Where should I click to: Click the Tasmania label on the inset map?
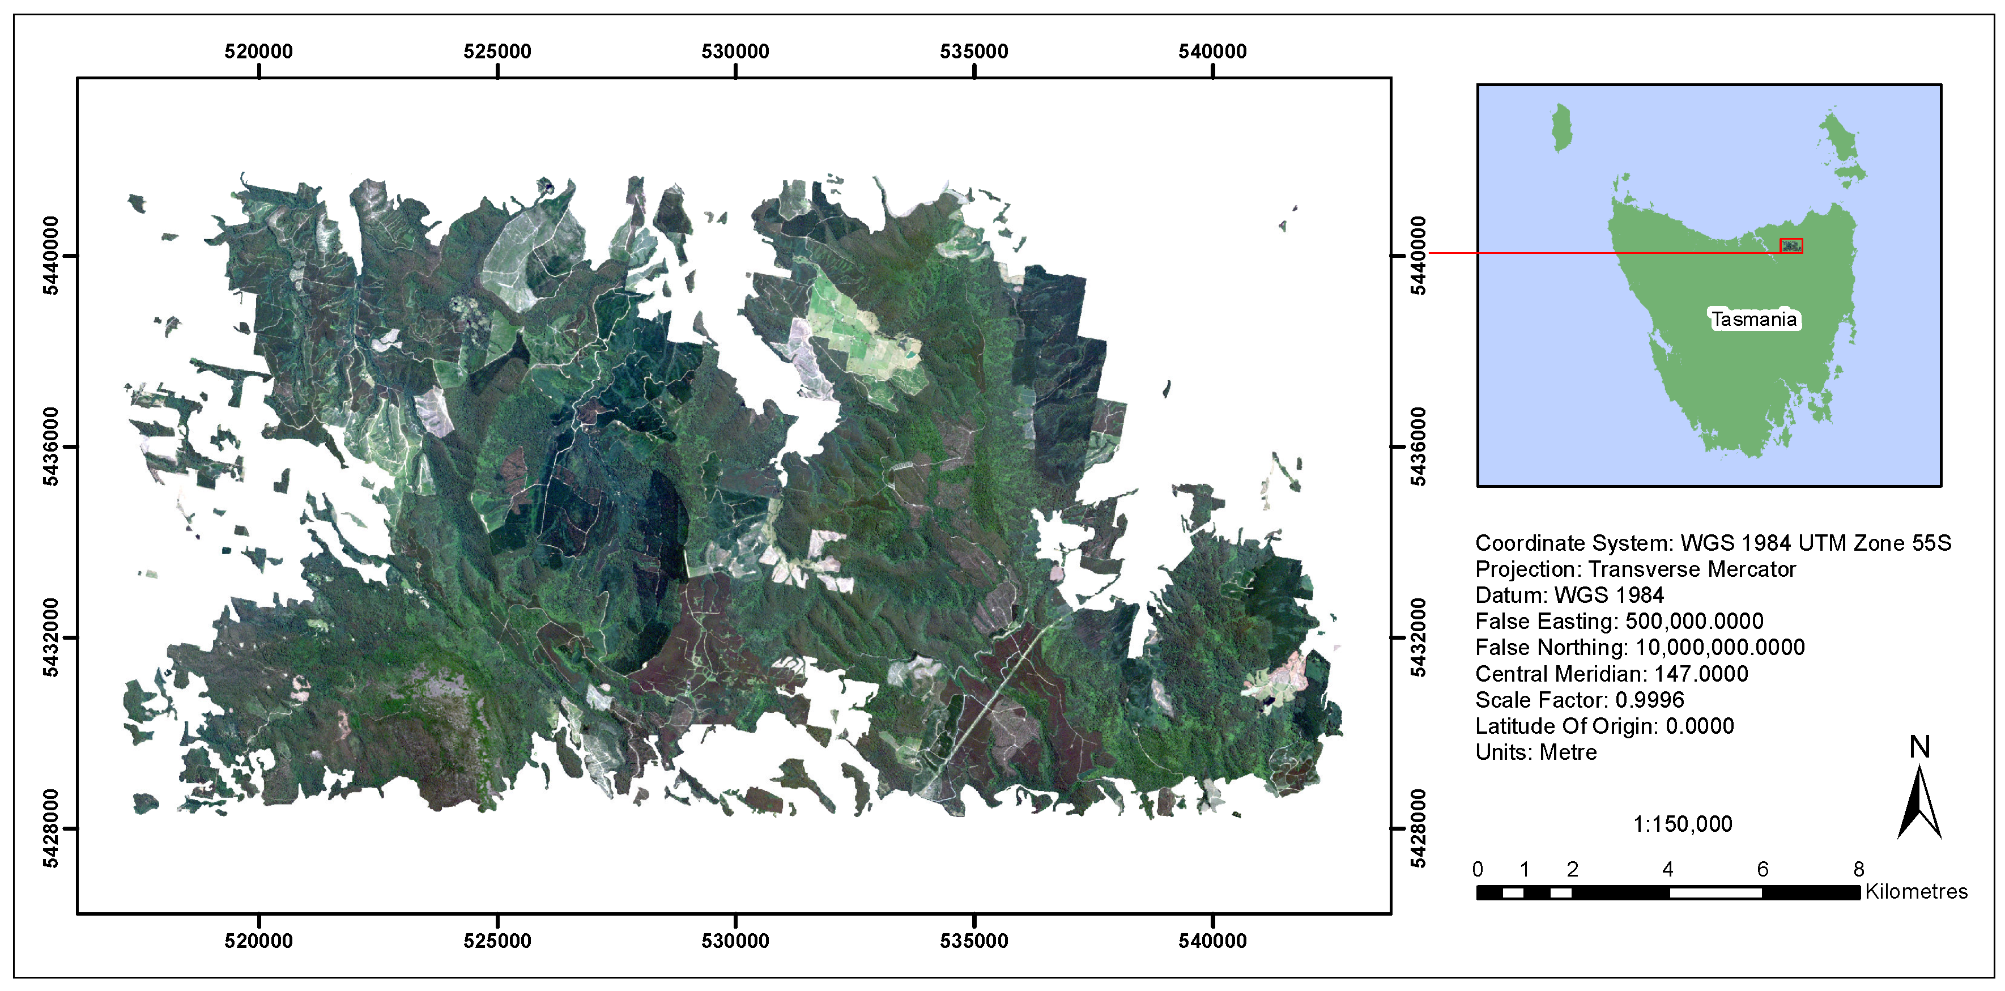point(1753,319)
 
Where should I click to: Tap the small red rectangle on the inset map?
point(1791,246)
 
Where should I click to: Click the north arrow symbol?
point(1919,802)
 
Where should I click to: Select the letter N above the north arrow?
point(1919,747)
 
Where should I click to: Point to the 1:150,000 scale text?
point(1682,824)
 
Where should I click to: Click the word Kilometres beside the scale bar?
point(1915,891)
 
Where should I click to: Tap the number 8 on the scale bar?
point(1859,869)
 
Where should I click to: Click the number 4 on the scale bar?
point(1667,869)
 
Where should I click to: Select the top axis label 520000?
point(258,52)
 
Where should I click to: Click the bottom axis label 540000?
point(1212,941)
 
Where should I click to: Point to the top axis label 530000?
point(735,52)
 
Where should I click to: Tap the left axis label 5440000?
point(50,256)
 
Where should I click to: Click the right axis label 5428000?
point(1418,828)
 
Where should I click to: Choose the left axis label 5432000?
point(50,637)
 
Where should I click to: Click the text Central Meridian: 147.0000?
point(1611,673)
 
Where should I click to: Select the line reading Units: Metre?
point(1536,752)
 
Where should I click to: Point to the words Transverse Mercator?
point(1691,569)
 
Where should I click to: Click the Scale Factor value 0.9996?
point(1649,700)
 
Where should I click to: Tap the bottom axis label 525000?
point(497,941)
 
